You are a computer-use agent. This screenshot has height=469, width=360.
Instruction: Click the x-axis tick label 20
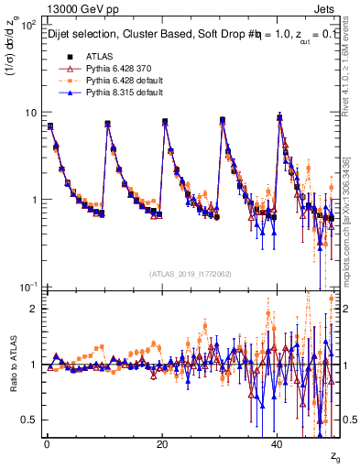point(162,444)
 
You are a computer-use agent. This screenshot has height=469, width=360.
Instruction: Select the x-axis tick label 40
point(278,444)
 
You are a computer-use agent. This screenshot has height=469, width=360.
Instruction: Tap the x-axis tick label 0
point(47,444)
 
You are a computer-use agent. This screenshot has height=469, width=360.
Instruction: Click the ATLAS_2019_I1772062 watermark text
point(188,274)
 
